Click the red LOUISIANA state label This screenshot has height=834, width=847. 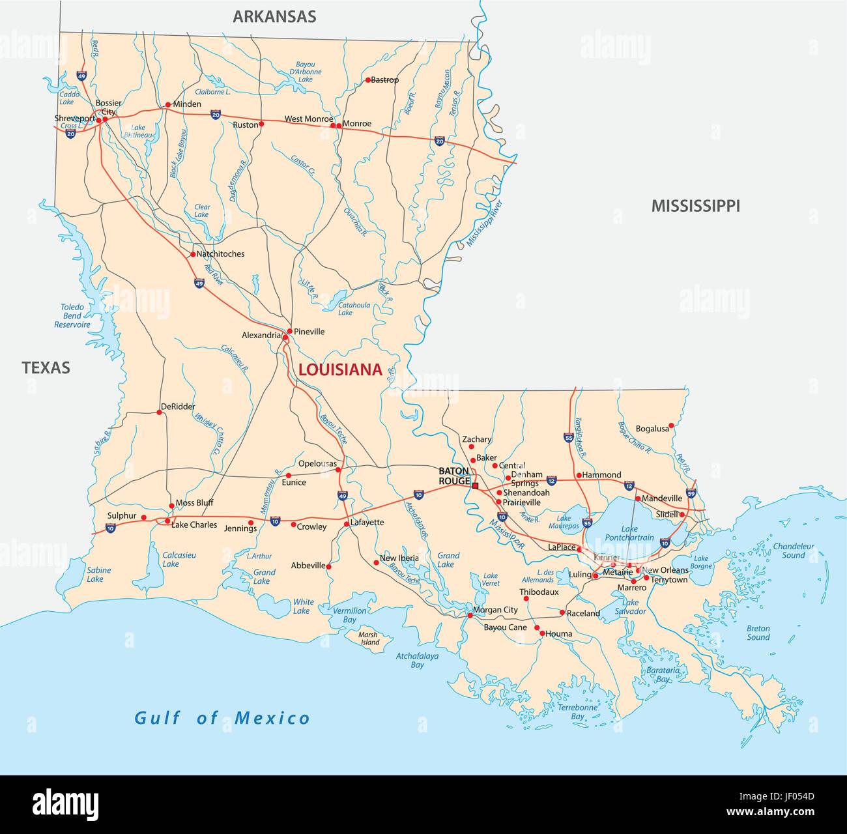point(339,370)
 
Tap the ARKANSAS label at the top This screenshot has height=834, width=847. point(274,17)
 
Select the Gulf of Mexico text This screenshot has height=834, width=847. point(222,718)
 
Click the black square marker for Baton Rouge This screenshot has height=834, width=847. point(476,485)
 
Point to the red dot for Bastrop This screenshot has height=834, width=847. point(367,80)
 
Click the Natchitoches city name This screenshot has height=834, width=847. point(220,253)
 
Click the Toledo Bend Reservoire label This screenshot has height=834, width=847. point(72,315)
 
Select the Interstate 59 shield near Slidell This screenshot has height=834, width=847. point(691,494)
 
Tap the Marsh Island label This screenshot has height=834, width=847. point(369,638)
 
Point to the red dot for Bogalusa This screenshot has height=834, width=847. point(671,425)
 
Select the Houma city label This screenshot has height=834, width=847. point(559,633)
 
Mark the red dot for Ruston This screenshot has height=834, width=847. point(261,124)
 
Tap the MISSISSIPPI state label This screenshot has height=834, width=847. point(695,206)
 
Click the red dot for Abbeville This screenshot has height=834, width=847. point(329,567)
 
